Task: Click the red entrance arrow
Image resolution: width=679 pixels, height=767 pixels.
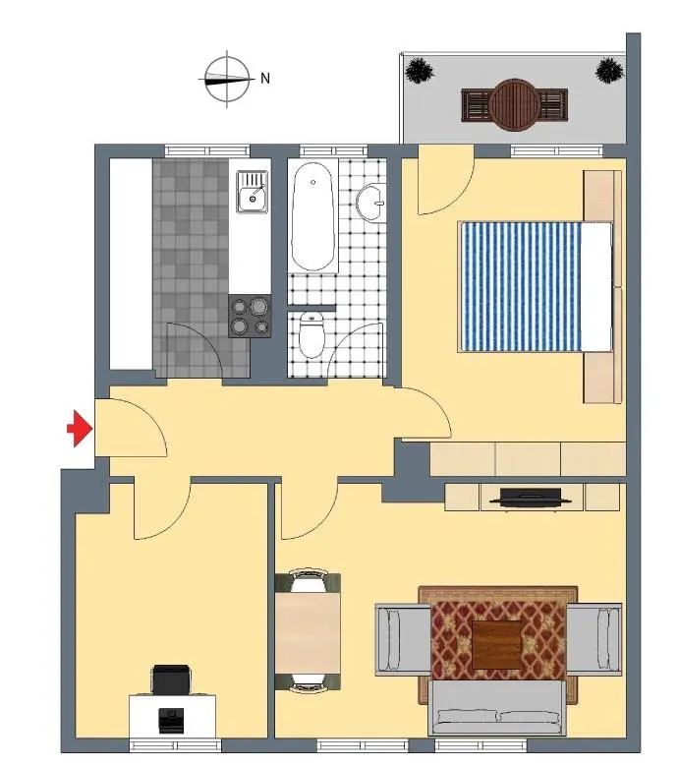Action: coord(81,429)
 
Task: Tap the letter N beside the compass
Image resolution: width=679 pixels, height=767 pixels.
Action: coord(265,79)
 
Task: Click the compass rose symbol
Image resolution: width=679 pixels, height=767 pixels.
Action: coord(227,79)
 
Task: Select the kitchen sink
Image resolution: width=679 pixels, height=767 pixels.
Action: coord(253,192)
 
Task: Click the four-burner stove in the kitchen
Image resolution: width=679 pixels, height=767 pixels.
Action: coord(250,316)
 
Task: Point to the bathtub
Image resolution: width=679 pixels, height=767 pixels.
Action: coord(312,216)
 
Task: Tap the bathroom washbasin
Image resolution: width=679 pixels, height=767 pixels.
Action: coord(371,203)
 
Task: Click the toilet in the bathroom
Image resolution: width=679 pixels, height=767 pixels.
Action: coord(311,335)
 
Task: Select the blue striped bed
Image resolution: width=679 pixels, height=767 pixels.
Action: coord(535,287)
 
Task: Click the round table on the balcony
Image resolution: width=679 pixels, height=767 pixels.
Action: coord(515,105)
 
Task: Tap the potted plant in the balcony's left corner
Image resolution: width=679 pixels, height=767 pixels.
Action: coord(420,71)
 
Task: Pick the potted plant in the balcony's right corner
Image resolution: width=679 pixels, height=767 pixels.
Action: coord(609,71)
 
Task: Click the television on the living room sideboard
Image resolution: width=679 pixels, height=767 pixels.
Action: coord(531,498)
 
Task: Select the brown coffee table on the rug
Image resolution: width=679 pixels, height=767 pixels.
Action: coord(496,645)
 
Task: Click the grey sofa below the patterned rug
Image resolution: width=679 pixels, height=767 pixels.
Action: coord(497,708)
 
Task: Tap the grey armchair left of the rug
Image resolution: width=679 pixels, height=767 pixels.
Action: coord(403,639)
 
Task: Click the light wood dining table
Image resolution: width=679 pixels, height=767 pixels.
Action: coord(308,633)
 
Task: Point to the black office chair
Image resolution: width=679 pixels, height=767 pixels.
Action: coord(171,679)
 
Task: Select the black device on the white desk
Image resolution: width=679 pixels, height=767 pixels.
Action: coord(171,721)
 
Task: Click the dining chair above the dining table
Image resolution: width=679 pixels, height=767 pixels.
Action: coord(308,580)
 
